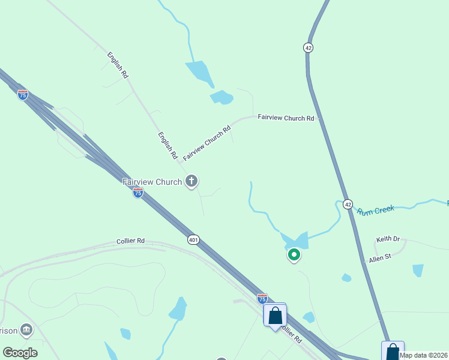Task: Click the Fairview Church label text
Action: click(152, 182)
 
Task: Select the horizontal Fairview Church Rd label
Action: click(286, 118)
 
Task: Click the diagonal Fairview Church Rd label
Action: click(207, 143)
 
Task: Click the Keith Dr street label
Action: click(388, 239)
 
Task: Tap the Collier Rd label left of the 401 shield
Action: click(130, 241)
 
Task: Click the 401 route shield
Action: click(193, 239)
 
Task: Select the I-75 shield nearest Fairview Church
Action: click(138, 193)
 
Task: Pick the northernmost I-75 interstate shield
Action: click(23, 95)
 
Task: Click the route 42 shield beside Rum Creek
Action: click(348, 205)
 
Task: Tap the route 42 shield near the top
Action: click(308, 47)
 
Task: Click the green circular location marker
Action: click(294, 255)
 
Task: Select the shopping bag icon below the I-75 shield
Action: click(275, 314)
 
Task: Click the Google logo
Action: click(20, 352)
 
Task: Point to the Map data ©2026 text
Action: click(423, 355)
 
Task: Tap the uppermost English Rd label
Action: click(118, 65)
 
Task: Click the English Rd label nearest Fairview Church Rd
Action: click(168, 146)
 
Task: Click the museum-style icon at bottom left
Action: click(26, 329)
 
